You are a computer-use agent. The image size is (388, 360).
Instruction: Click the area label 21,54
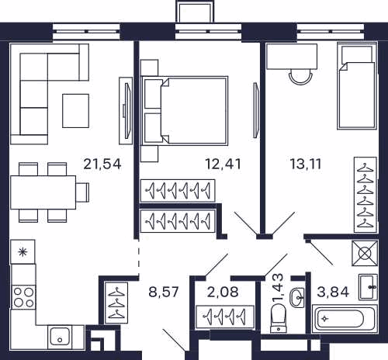[x=102, y=164]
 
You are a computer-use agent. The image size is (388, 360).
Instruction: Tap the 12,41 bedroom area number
[x=223, y=164]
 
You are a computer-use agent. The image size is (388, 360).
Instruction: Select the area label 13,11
[x=306, y=164]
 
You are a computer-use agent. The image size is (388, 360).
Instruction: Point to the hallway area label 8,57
[x=164, y=292]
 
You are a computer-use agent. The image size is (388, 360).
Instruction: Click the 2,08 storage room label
[x=223, y=292]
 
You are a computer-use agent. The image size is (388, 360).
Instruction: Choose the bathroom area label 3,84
[x=333, y=292]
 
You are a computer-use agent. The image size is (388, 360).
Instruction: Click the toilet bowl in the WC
[x=279, y=318]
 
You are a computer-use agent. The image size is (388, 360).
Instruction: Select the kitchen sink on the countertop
[x=60, y=336]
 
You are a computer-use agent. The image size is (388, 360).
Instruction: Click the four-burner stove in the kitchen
[x=23, y=297]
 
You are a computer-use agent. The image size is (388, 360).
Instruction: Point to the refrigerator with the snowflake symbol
[x=23, y=251]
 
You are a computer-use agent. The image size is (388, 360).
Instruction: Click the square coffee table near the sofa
[x=75, y=111]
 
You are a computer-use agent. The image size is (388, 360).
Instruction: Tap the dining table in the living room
[x=43, y=192]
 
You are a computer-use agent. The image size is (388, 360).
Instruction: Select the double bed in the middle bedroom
[x=184, y=111]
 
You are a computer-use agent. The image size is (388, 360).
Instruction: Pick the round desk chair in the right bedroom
[x=301, y=77]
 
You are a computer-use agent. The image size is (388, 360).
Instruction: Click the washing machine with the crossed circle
[x=365, y=253]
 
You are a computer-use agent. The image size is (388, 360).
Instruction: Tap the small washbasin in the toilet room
[x=298, y=297]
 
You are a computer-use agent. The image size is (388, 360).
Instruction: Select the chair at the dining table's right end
[x=82, y=192]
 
